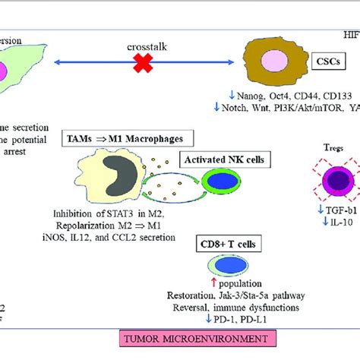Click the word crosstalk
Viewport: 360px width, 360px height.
[147, 46]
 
